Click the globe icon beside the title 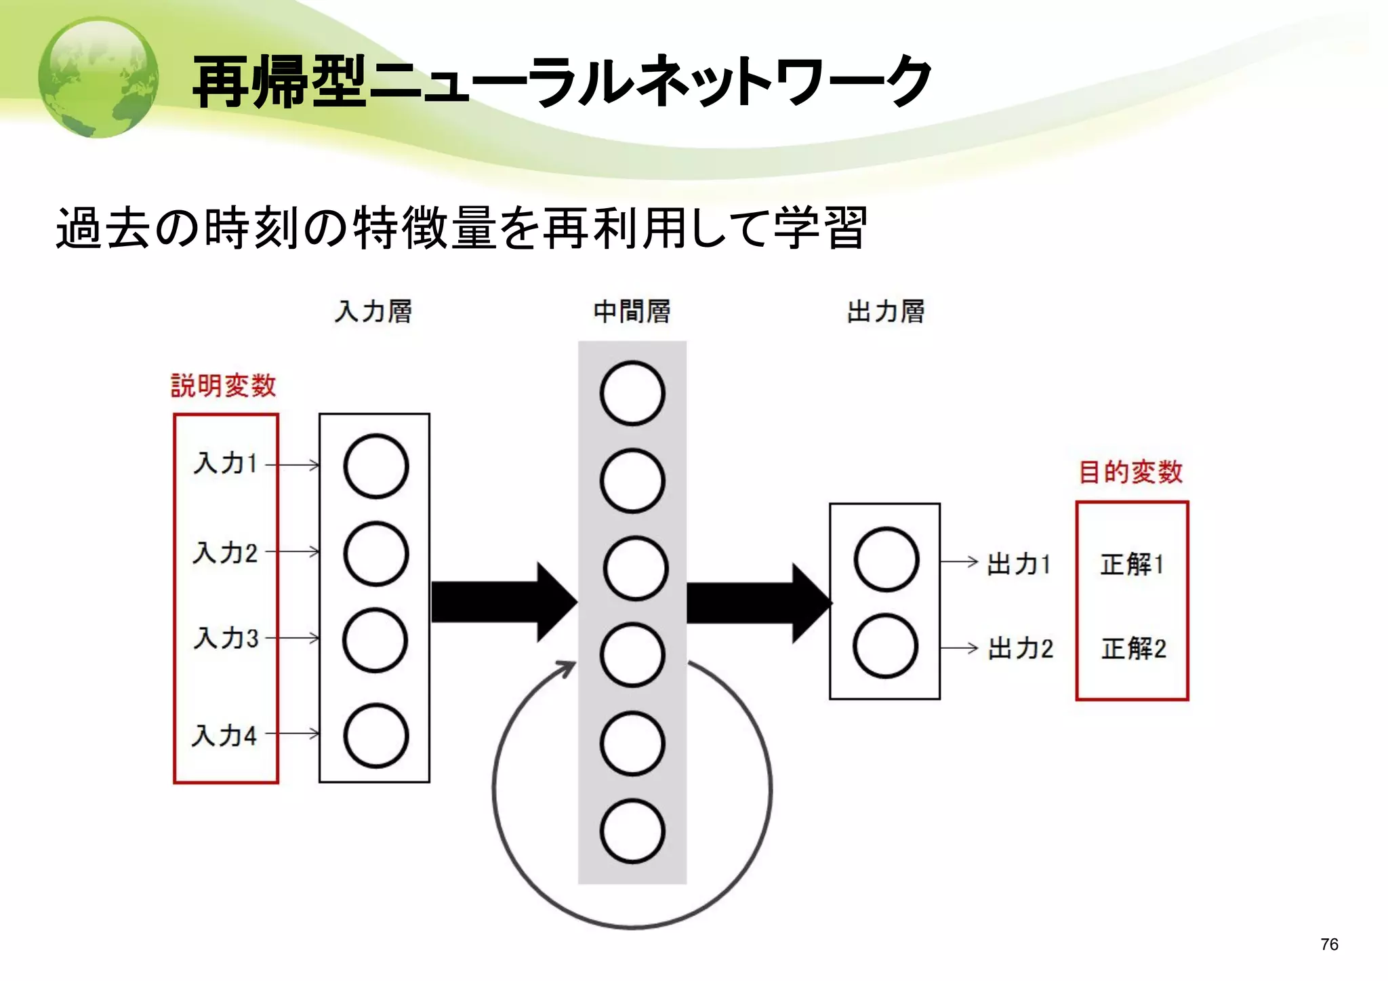(98, 78)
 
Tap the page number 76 (1329, 944)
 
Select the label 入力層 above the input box (373, 312)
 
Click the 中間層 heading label (632, 312)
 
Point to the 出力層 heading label (885, 312)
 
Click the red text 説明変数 (223, 386)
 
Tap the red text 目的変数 (1130, 472)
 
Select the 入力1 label (226, 464)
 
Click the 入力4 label (224, 736)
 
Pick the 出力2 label (1020, 649)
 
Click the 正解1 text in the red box (1132, 564)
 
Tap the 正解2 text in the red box (1133, 649)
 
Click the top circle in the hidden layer (632, 393)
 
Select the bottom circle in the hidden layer (632, 831)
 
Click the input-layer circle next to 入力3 (375, 640)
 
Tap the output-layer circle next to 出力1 (886, 559)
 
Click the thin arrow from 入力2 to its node (293, 552)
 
